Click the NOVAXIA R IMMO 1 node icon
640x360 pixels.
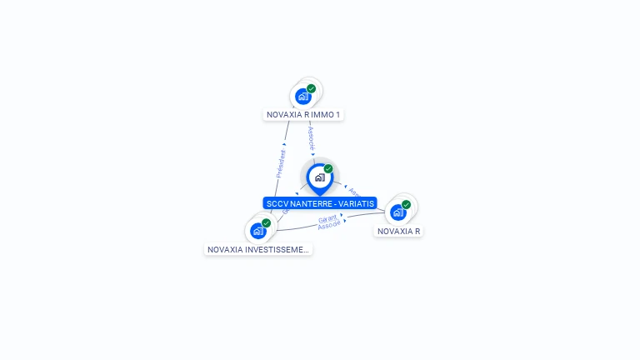(303, 96)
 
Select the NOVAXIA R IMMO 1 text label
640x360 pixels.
(303, 115)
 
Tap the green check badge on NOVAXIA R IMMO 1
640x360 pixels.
(311, 88)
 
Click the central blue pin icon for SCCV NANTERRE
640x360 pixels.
(319, 177)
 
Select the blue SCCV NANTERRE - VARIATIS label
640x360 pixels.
(320, 203)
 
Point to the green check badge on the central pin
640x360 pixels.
(328, 168)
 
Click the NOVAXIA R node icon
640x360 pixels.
(398, 212)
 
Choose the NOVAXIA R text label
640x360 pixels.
(398, 231)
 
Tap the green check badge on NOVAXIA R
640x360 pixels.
(406, 204)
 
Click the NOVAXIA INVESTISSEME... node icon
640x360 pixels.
(258, 231)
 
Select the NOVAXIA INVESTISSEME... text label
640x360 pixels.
(258, 249)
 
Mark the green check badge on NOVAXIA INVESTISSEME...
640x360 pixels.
(266, 222)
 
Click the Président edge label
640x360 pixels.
(282, 163)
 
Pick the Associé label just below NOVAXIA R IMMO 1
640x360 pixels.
(311, 138)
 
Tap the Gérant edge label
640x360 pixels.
(327, 218)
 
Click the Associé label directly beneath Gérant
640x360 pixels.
(329, 225)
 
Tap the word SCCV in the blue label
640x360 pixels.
(276, 203)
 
